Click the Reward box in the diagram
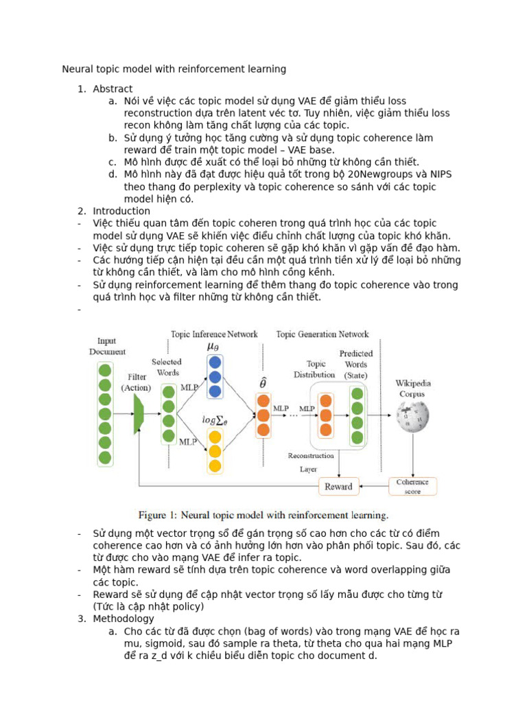[x=338, y=487]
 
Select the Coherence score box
[x=412, y=486]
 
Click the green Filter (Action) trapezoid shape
[x=138, y=415]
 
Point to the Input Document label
[x=106, y=346]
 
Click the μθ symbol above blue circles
[x=214, y=346]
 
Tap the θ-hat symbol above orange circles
[x=263, y=382]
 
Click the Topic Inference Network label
[x=214, y=334]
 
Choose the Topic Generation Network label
[x=322, y=334]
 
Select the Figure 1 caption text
[x=263, y=515]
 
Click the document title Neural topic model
[x=174, y=69]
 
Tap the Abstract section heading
[x=113, y=89]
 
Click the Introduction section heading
[x=121, y=211]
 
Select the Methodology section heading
[x=124, y=619]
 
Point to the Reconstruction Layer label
[x=311, y=462]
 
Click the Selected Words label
[x=167, y=367]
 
